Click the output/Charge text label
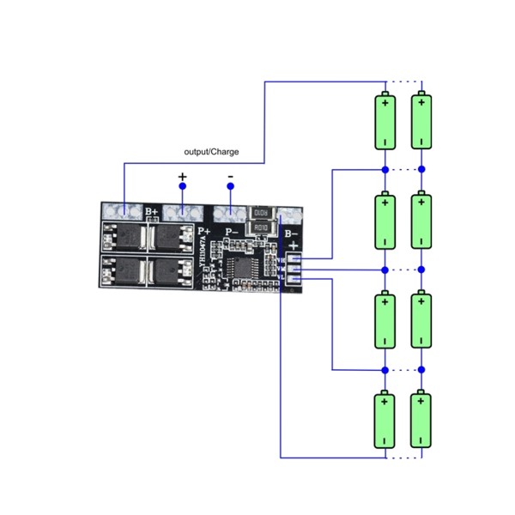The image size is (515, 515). click(211, 152)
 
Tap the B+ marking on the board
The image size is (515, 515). click(152, 211)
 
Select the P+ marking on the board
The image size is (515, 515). click(204, 231)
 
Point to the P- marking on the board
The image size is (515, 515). click(231, 232)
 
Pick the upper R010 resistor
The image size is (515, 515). click(261, 213)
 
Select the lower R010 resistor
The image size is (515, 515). click(261, 227)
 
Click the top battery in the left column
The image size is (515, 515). click(385, 121)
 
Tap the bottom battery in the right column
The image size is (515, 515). click(421, 420)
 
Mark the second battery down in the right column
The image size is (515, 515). click(421, 221)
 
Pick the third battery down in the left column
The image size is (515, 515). click(385, 320)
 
